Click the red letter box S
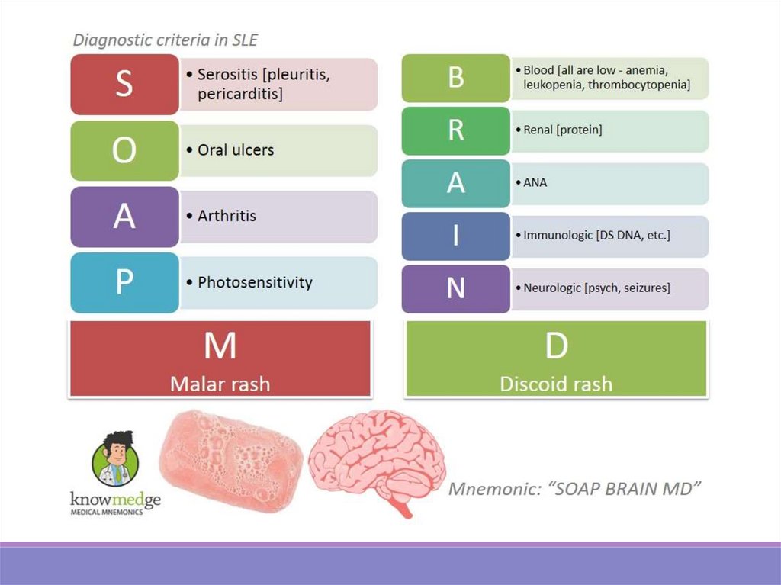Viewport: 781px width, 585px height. (124, 85)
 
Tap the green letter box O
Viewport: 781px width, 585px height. (124, 150)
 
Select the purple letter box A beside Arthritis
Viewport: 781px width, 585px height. (124, 217)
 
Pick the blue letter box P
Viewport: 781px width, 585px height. (124, 283)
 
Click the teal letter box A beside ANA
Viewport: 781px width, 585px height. (455, 183)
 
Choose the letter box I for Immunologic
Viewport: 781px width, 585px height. (455, 236)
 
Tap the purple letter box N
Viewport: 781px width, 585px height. (455, 288)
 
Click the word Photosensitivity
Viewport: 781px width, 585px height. (255, 282)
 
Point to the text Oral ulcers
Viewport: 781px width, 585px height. (236, 150)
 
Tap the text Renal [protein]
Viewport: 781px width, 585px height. (562, 130)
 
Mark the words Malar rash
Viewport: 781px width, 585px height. (220, 382)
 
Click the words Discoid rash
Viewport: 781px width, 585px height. (556, 382)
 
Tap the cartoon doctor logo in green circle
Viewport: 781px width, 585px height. (115, 461)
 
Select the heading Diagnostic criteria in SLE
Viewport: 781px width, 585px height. (170, 40)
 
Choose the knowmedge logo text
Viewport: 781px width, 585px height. (115, 501)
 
